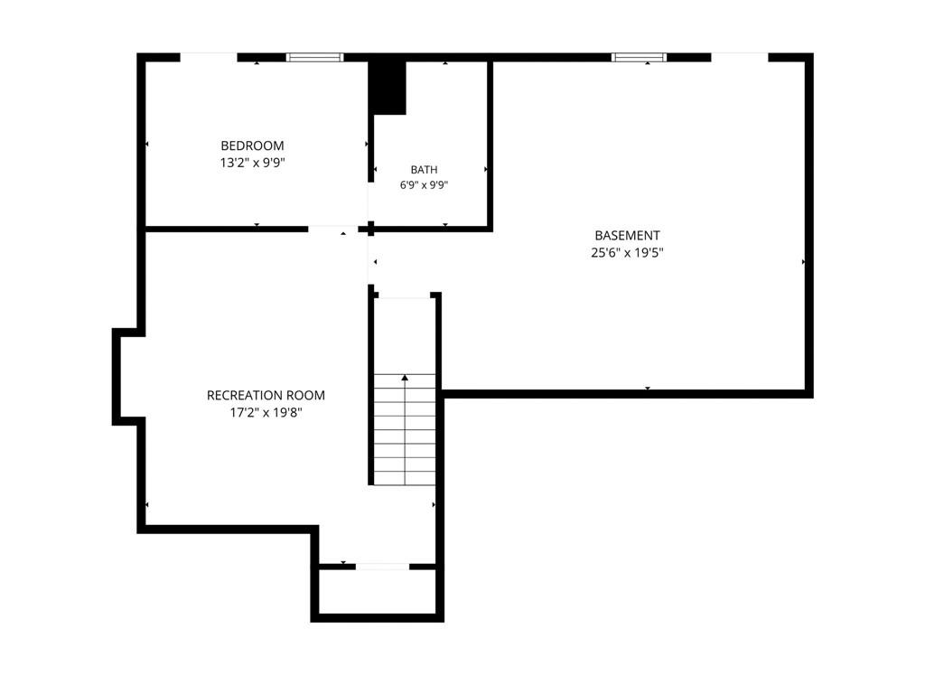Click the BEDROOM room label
coord(252,145)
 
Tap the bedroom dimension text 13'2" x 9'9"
coord(253,163)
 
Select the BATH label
coord(425,170)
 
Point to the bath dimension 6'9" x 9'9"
coord(425,185)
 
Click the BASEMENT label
coord(627,236)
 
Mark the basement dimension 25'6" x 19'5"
coord(627,253)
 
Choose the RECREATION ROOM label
coord(266,396)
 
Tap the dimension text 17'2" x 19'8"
coord(266,412)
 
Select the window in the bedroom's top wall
coord(314,57)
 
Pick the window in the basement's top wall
coord(639,57)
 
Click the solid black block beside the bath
coord(387,88)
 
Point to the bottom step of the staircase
coord(405,480)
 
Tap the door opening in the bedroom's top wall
coord(209,57)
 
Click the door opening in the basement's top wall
coord(740,57)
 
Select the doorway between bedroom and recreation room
coord(332,229)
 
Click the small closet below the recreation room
coord(378,592)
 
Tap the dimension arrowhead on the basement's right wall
coord(803,261)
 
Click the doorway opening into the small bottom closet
coord(382,567)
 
